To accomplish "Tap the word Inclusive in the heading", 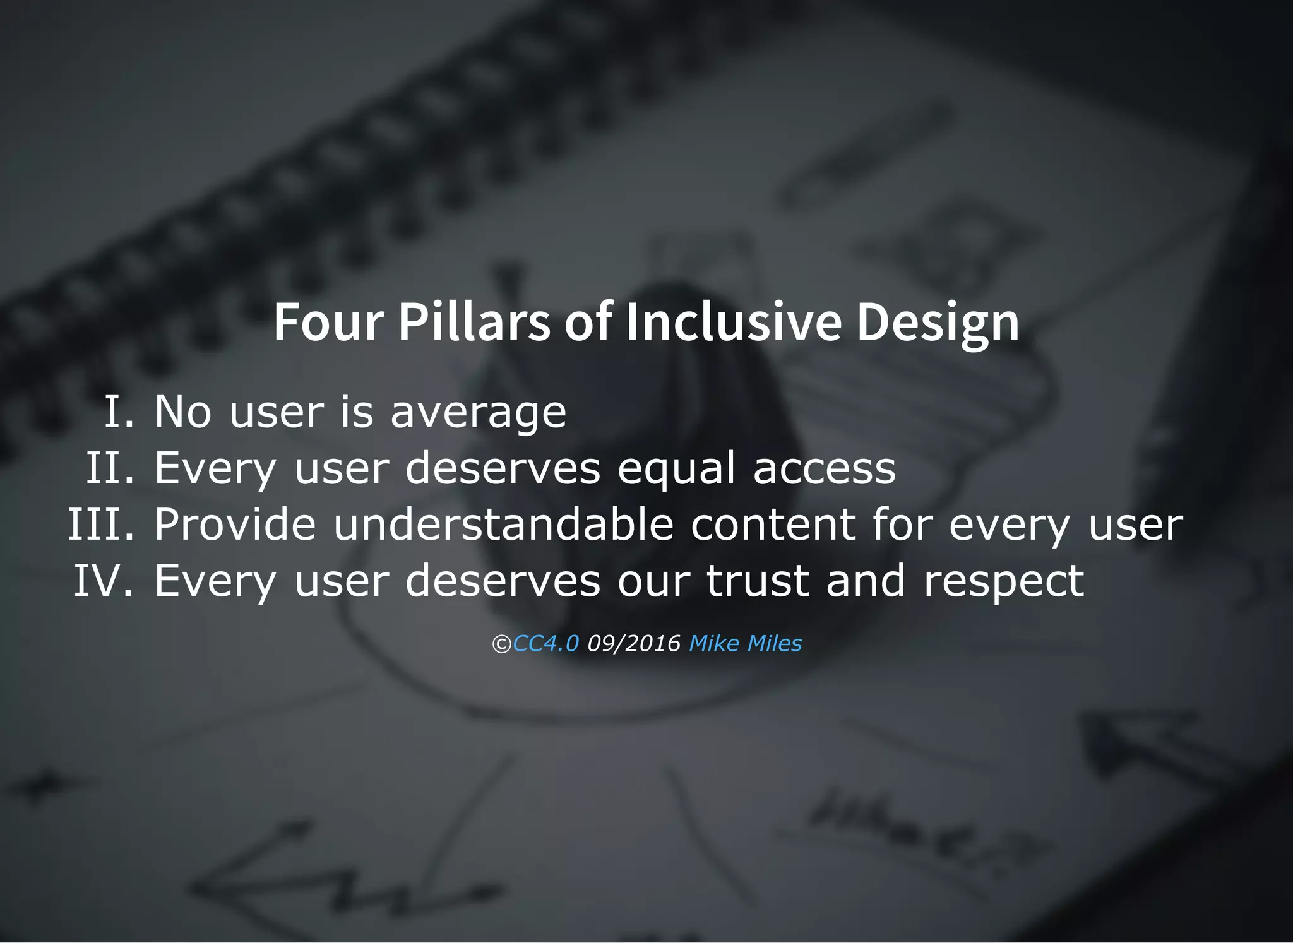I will [x=733, y=322].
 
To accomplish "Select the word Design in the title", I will [x=938, y=323].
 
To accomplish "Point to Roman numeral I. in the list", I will [x=119, y=412].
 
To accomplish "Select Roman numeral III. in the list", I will [x=101, y=524].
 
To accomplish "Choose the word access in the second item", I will [x=825, y=469].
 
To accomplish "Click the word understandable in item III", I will [x=503, y=524].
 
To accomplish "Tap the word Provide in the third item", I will [x=235, y=524].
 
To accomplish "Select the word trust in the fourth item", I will [x=758, y=580].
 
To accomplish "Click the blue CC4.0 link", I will [x=545, y=643].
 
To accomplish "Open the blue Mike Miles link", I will [x=745, y=643].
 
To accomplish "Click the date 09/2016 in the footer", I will [x=634, y=643].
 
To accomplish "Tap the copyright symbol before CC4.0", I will [x=501, y=644].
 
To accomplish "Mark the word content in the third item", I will [x=773, y=524].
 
